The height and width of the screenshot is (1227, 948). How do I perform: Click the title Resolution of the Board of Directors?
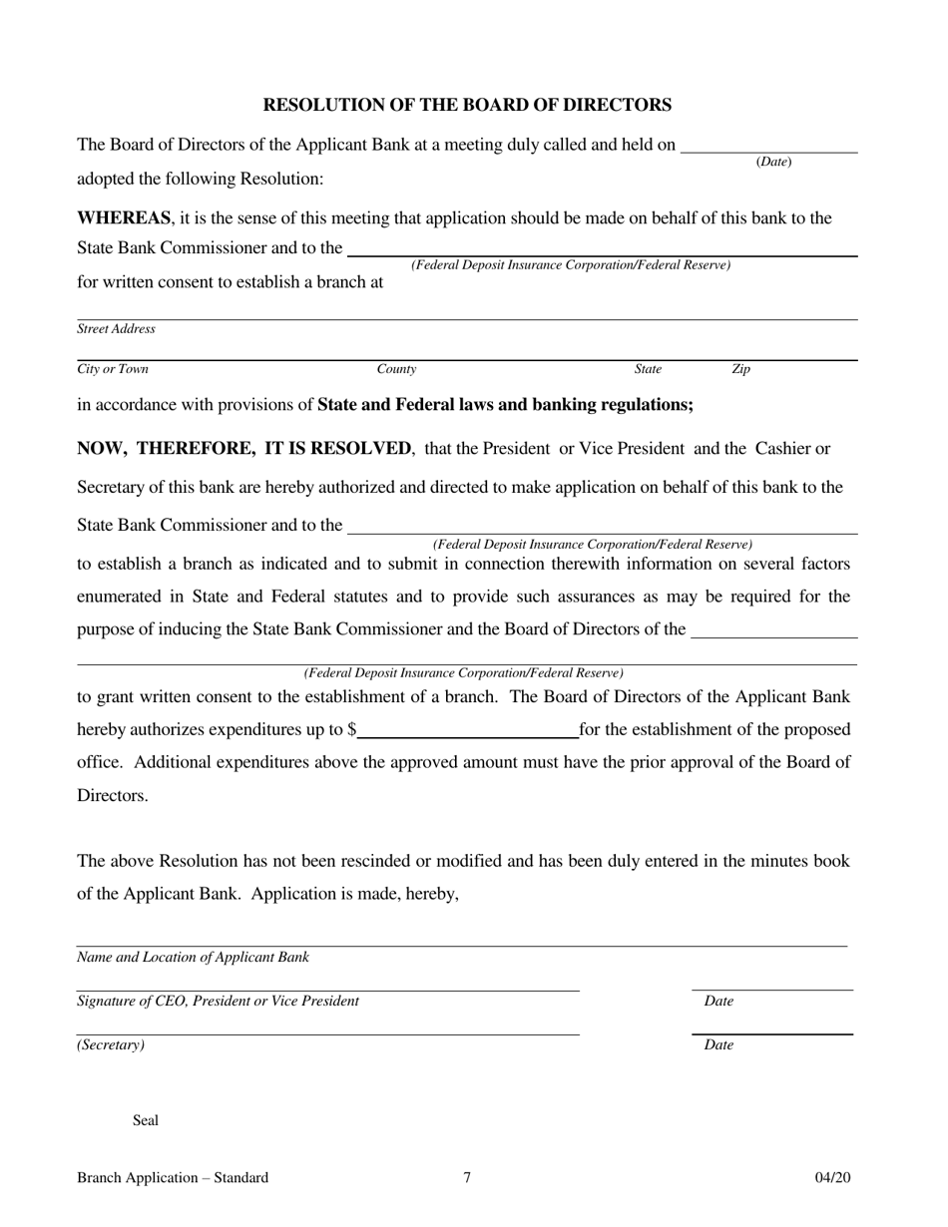(x=467, y=105)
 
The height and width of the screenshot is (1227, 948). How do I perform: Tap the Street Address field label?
(x=116, y=329)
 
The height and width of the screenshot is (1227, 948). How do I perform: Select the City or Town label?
(x=113, y=369)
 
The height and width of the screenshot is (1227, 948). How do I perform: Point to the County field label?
(x=396, y=369)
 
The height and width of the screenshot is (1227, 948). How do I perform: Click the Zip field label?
(x=740, y=369)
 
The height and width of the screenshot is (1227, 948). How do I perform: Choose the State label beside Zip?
(x=648, y=369)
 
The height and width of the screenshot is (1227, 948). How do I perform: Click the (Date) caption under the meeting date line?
(x=774, y=162)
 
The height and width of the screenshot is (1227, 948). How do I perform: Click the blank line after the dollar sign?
(x=468, y=730)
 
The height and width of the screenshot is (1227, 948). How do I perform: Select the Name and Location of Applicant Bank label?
(x=193, y=958)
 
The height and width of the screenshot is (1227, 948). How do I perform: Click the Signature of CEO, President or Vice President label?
(x=218, y=1002)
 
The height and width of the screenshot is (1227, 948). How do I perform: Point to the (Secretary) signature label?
(x=111, y=1045)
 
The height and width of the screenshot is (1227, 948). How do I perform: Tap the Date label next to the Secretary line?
(x=718, y=1045)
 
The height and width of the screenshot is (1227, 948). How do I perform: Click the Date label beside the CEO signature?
(x=718, y=1002)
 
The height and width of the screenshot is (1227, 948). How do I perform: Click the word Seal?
(x=146, y=1120)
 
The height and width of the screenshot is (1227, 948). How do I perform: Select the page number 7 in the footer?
(x=467, y=1178)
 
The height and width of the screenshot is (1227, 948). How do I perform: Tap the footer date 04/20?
(x=833, y=1178)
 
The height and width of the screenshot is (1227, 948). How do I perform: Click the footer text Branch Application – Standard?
(x=173, y=1178)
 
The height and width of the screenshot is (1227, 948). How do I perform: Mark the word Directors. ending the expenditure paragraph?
(x=113, y=796)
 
